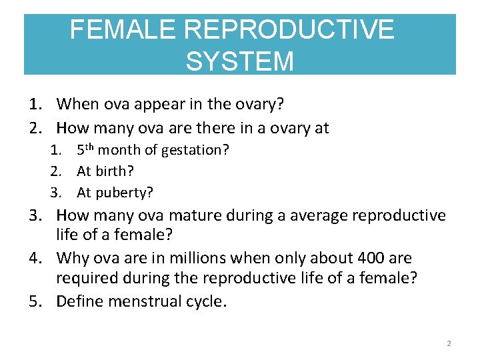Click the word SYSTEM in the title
tap(239, 61)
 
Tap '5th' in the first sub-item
tap(87, 149)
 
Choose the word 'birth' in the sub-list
tap(109, 171)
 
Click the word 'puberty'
tap(125, 193)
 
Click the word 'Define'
tap(79, 301)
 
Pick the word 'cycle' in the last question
tap(203, 302)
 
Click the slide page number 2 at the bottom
tap(449, 343)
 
